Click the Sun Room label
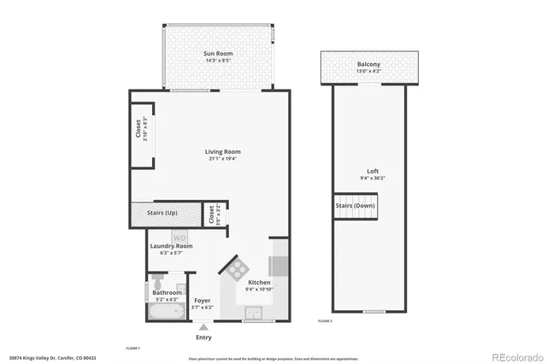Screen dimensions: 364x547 pyautogui.click(x=219, y=54)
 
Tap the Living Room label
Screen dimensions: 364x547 pyautogui.click(x=211, y=151)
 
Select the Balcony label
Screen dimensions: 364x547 pyautogui.click(x=368, y=64)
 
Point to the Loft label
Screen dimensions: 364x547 pyautogui.click(x=368, y=170)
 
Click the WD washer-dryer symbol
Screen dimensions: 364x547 pyautogui.click(x=180, y=237)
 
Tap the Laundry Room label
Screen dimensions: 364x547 pyautogui.click(x=172, y=246)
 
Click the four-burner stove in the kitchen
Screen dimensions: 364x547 pyautogui.click(x=238, y=267)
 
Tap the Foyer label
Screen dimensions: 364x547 pyautogui.click(x=203, y=301)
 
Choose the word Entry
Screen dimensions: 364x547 pyautogui.click(x=203, y=337)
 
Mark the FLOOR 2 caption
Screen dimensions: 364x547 pyautogui.click(x=325, y=320)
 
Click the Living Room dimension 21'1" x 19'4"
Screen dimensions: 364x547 pyautogui.click(x=211, y=159)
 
